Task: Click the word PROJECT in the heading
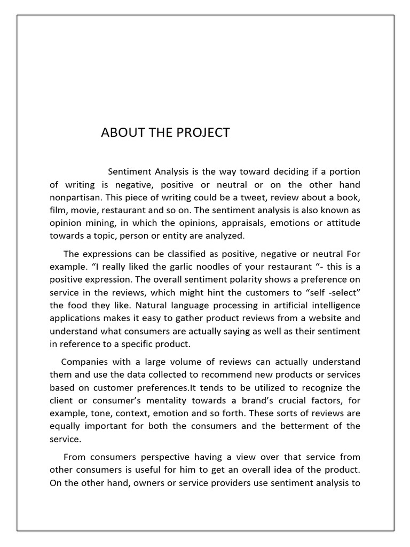pyautogui.click(x=203, y=132)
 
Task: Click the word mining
pyautogui.click(x=100, y=223)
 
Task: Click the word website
pyautogui.click(x=321, y=318)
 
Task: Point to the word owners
pyautogui.click(x=151, y=482)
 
